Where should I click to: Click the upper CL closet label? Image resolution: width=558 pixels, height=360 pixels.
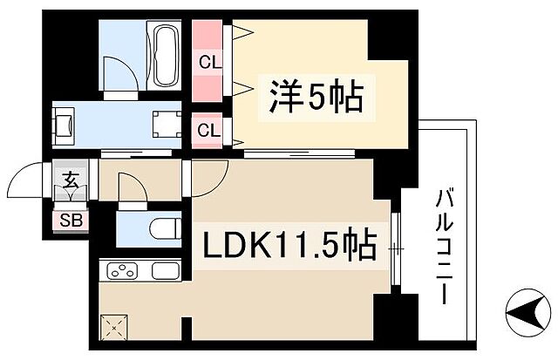point(208,62)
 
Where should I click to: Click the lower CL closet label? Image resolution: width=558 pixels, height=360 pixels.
point(208,132)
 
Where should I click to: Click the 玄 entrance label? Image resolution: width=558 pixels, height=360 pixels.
point(70,185)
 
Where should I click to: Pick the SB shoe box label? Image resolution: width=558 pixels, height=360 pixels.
point(70,220)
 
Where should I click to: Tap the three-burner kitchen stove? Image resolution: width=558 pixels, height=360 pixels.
point(124,271)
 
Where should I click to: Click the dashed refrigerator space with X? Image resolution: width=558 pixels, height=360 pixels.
point(113,329)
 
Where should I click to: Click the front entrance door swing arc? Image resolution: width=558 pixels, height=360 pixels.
point(26,184)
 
